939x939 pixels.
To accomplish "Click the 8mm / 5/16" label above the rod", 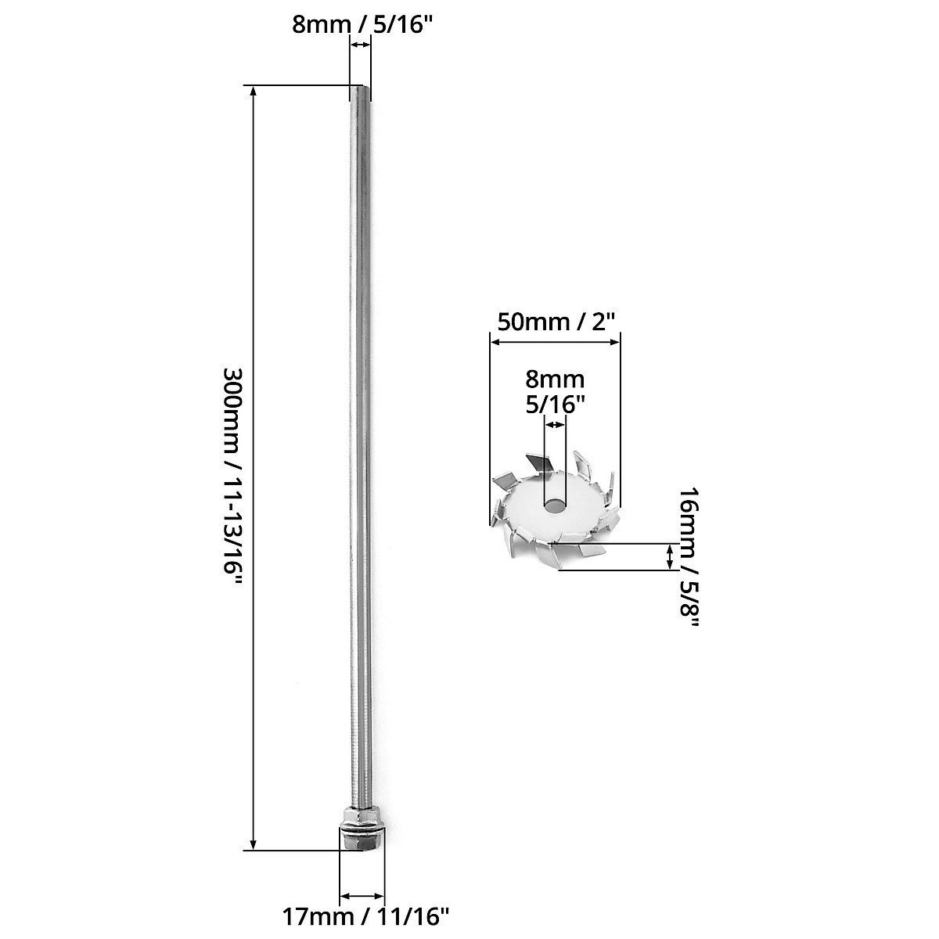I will tap(361, 23).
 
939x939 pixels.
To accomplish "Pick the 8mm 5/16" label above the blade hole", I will tap(555, 392).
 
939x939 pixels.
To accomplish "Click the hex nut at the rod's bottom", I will tap(362, 832).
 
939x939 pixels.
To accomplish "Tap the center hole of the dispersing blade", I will tap(555, 505).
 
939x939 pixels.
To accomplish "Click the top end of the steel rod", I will tap(360, 90).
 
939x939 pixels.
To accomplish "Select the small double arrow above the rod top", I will tap(360, 46).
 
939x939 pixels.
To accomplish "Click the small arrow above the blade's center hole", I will tap(555, 424).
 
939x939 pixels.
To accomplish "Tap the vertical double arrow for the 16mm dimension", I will tap(670, 557).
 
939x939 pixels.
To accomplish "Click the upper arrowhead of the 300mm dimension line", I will tap(253, 91).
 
